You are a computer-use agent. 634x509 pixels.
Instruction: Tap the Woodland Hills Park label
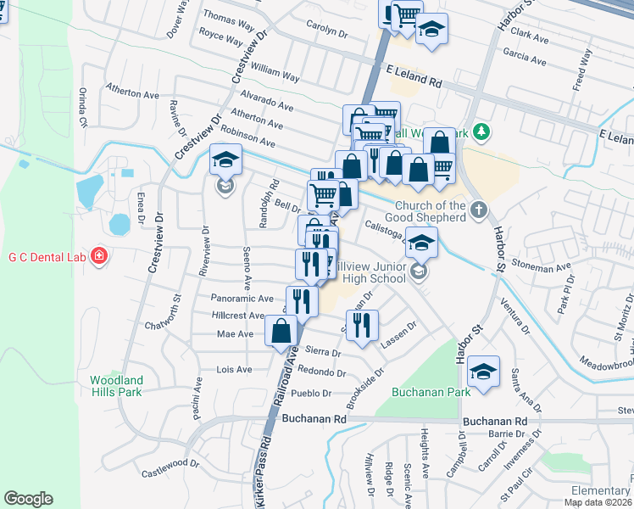[117, 386]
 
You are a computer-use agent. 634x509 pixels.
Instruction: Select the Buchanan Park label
[419, 393]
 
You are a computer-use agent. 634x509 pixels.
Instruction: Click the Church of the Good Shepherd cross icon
[479, 210]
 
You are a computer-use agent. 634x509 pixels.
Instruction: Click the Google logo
[28, 499]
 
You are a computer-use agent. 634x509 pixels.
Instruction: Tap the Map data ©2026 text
[598, 502]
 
